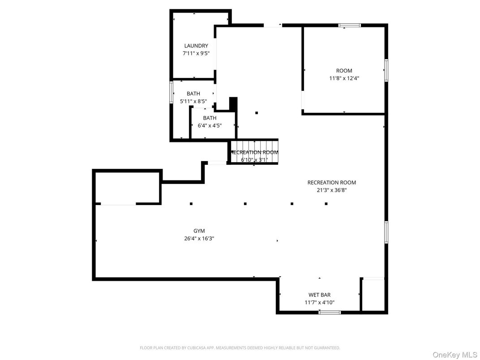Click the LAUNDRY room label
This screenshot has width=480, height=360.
click(x=196, y=46)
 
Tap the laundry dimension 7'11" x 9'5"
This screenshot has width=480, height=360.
click(x=196, y=53)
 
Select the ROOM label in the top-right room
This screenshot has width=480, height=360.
click(x=344, y=71)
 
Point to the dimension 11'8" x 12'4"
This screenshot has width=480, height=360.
click(x=344, y=78)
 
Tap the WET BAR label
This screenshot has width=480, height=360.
click(x=319, y=295)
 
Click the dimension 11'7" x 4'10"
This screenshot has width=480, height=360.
click(x=319, y=303)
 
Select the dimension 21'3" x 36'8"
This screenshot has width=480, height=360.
click(x=331, y=190)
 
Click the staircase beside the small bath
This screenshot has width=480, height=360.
click(x=254, y=152)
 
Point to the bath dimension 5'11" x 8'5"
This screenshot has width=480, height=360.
click(x=193, y=101)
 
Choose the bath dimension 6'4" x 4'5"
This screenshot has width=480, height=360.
click(x=210, y=126)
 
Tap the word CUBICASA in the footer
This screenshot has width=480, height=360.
click(x=206, y=348)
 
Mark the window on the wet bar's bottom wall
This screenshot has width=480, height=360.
click(x=330, y=312)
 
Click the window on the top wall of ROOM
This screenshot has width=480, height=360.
click(x=349, y=25)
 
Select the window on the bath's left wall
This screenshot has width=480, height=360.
click(x=171, y=92)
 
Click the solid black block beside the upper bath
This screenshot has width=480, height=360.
click(x=232, y=103)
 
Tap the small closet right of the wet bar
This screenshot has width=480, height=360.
click(x=373, y=296)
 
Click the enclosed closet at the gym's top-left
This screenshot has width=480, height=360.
click(x=128, y=187)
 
